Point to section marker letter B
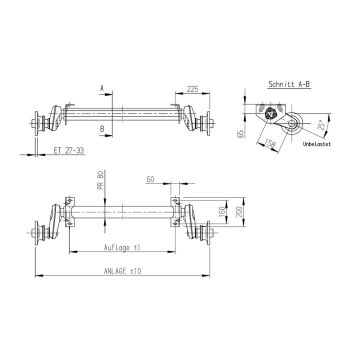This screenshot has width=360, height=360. [103, 129]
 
